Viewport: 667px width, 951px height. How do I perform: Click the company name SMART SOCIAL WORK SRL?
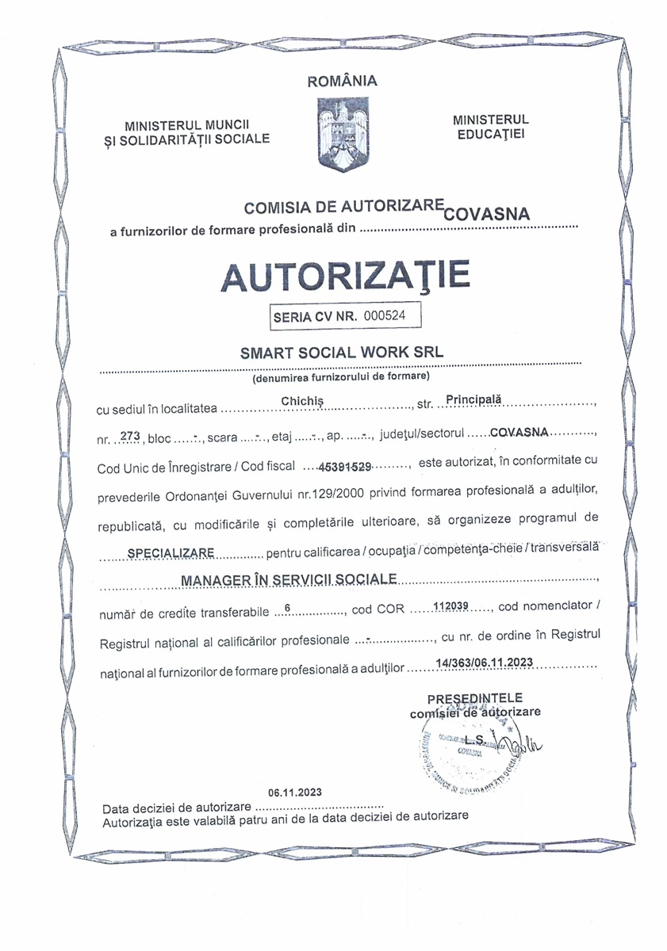pyautogui.click(x=343, y=351)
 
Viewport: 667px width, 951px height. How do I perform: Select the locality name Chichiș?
pyautogui.click(x=303, y=402)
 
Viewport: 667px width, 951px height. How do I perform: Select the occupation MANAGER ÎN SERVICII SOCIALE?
pyautogui.click(x=289, y=581)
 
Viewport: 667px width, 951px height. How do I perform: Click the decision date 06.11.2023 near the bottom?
pyautogui.click(x=295, y=792)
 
